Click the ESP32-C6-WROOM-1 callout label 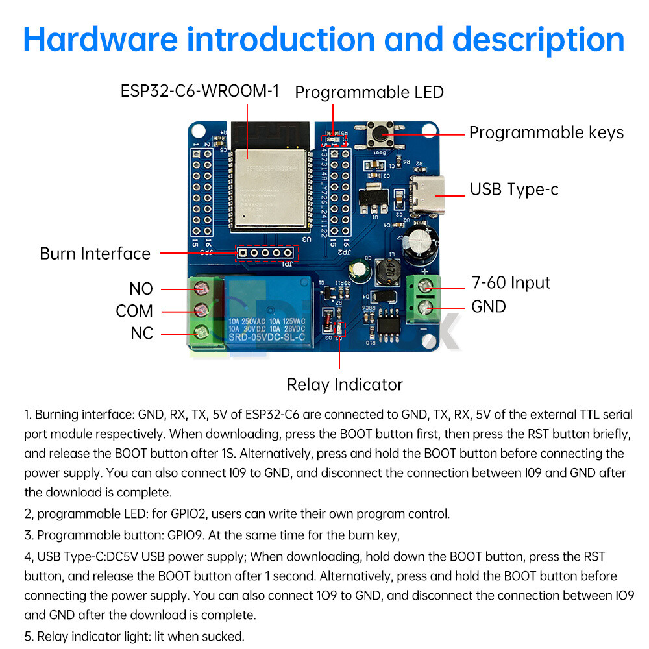coord(200,91)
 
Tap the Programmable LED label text coord(369,92)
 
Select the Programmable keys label coord(546,133)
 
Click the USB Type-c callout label coord(514,190)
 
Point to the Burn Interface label coord(95,254)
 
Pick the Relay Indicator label coord(345,385)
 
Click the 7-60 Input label coord(511,283)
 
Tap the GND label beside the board coord(488,306)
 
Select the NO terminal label coord(141,288)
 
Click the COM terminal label coord(134,311)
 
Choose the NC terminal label coord(141,334)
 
